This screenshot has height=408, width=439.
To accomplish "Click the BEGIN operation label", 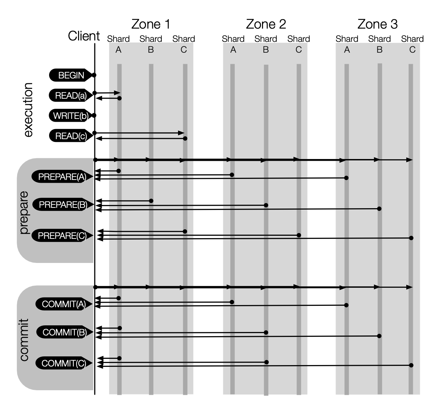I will point(71,75).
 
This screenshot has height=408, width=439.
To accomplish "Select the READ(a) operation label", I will point(71,96).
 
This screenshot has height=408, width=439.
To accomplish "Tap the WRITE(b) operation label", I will point(70,116).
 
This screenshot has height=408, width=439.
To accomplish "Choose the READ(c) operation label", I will point(71,136).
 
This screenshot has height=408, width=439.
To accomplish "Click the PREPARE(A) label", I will point(62,177).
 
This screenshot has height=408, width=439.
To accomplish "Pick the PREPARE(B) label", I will point(63,204).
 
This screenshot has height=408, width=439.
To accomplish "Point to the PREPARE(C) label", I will point(62,236).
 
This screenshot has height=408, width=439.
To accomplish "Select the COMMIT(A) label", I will point(64,304).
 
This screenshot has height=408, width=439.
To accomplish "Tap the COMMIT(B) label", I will point(64,332).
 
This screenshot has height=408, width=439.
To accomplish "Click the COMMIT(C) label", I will point(64,363).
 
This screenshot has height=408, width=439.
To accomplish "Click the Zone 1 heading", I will point(151,24).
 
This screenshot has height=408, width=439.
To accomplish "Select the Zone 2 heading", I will point(265,24).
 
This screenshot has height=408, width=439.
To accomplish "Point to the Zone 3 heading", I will point(377,24).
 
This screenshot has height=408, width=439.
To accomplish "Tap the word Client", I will point(84,36).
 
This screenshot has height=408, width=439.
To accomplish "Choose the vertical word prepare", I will point(24,212).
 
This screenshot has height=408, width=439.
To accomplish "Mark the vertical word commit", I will point(24,339).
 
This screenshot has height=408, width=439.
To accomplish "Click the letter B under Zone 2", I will point(266,50).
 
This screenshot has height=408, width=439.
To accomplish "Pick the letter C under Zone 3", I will point(412,50).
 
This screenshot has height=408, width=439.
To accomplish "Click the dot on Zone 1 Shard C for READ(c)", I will point(185,138).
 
